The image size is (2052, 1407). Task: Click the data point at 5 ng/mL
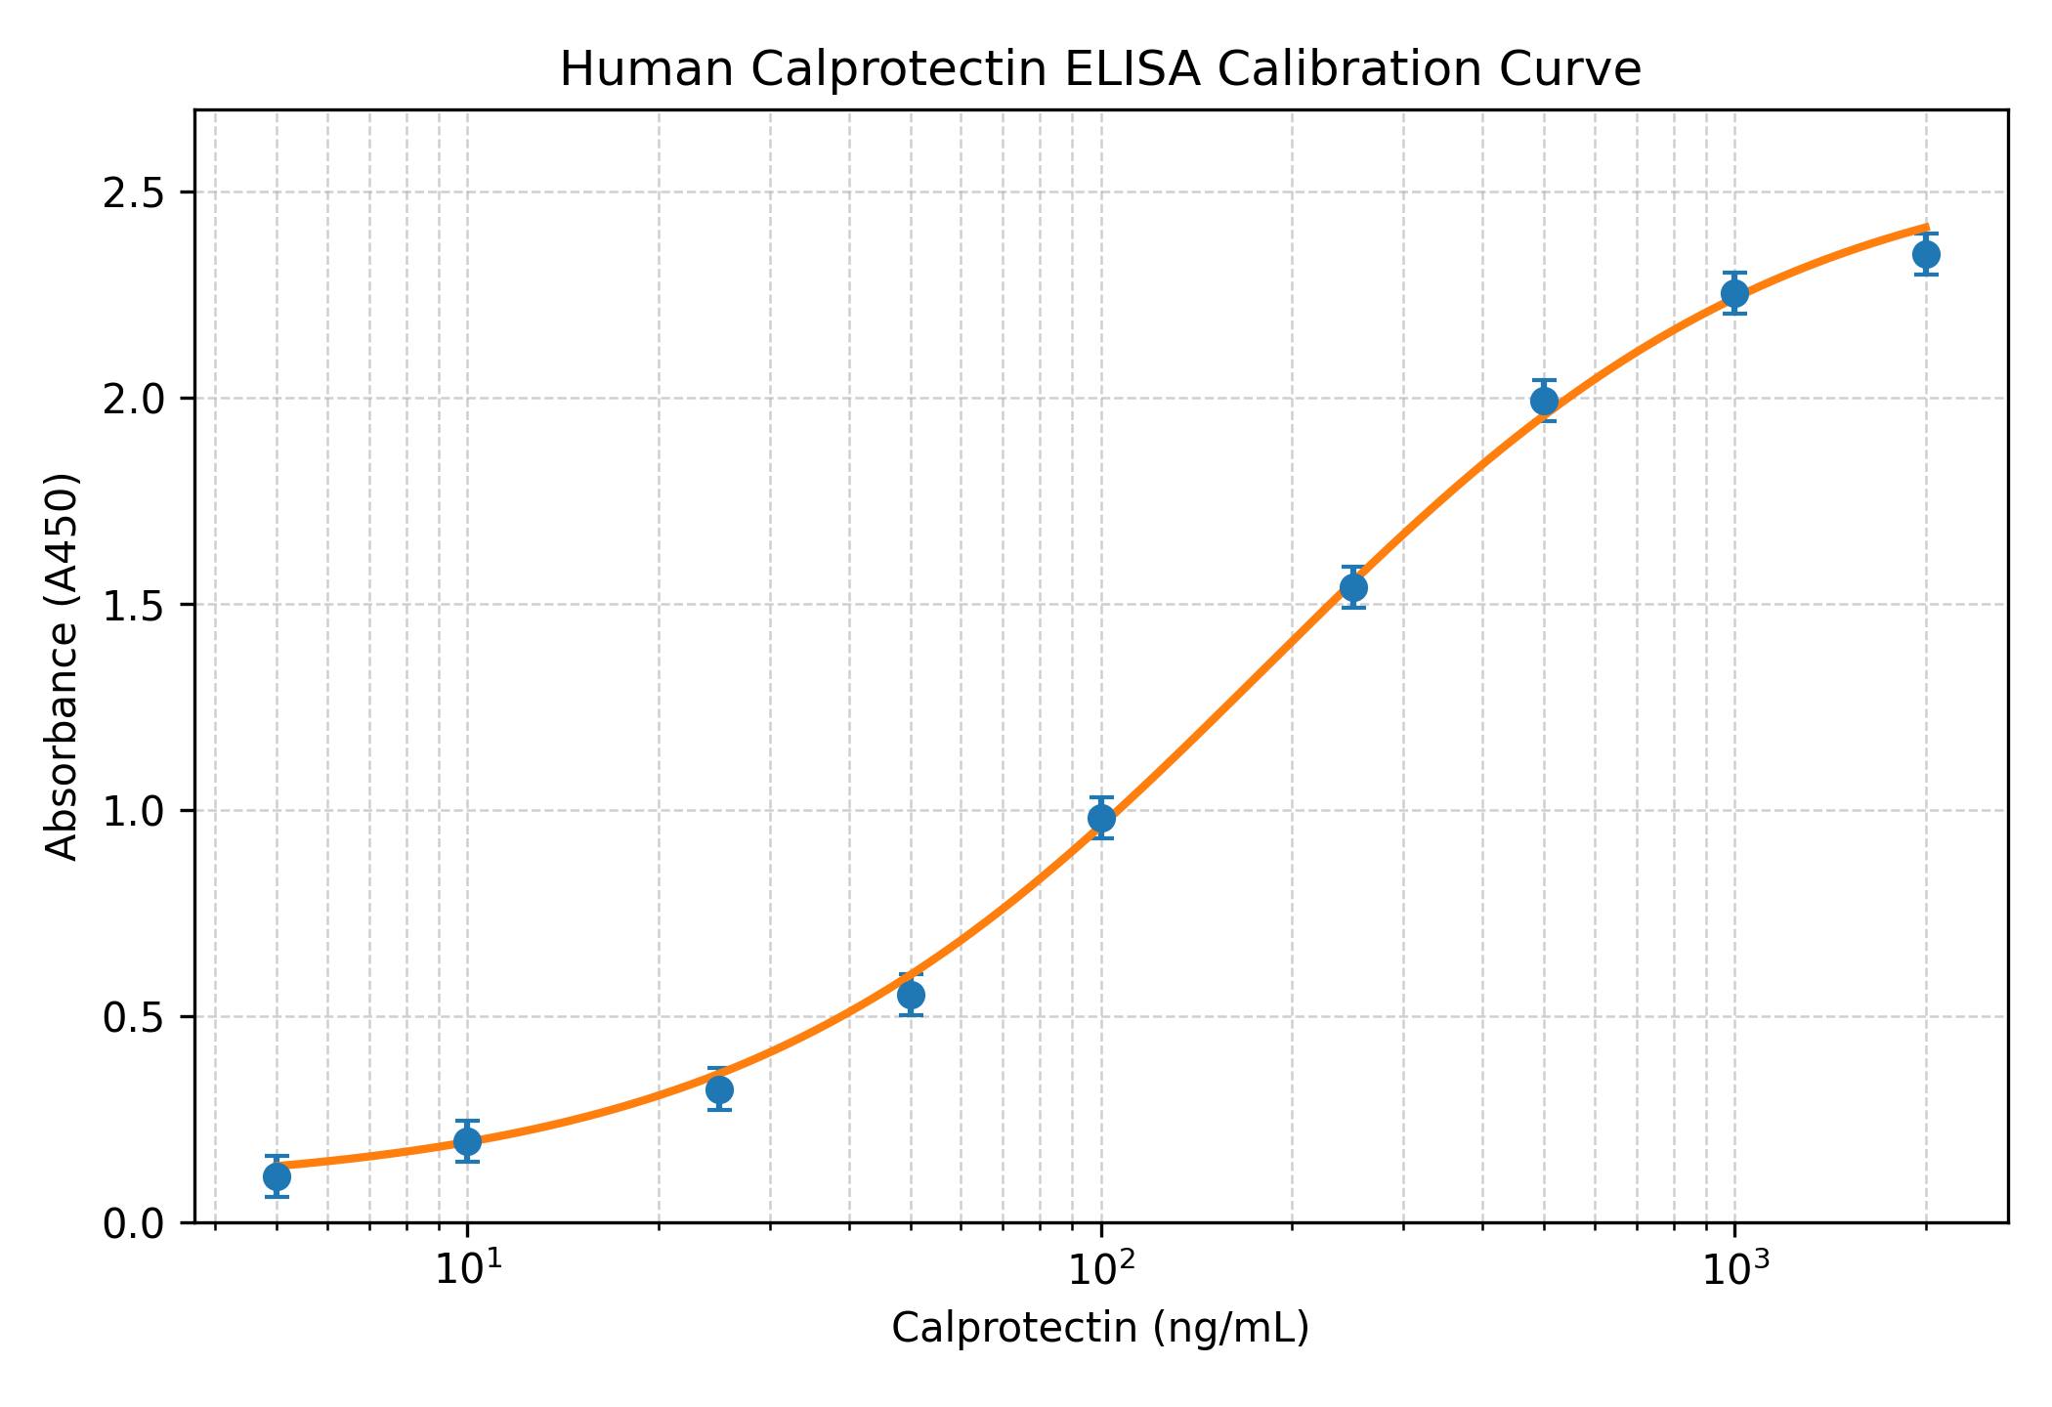(x=277, y=1176)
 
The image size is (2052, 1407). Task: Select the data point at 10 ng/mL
(x=467, y=1140)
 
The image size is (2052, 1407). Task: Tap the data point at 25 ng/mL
(x=720, y=1089)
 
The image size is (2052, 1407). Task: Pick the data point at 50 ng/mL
(x=912, y=995)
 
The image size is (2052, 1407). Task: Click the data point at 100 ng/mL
(x=1102, y=818)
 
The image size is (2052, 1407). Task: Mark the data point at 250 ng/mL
(x=1353, y=587)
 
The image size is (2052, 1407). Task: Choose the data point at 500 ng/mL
(x=1544, y=401)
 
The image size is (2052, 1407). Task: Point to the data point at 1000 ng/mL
(x=1734, y=293)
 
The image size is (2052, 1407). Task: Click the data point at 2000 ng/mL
(x=1926, y=255)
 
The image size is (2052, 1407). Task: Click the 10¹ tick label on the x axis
(x=469, y=1269)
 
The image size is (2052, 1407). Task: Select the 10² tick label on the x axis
(x=1102, y=1269)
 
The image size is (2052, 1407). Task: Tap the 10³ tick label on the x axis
(x=1735, y=1269)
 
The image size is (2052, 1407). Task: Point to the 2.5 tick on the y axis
(x=138, y=192)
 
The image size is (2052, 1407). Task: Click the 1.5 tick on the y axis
(x=138, y=605)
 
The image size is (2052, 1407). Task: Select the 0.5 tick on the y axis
(x=138, y=1017)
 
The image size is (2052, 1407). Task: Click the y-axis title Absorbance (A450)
(x=64, y=666)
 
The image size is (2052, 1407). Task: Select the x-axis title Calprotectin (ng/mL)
(x=1100, y=1329)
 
